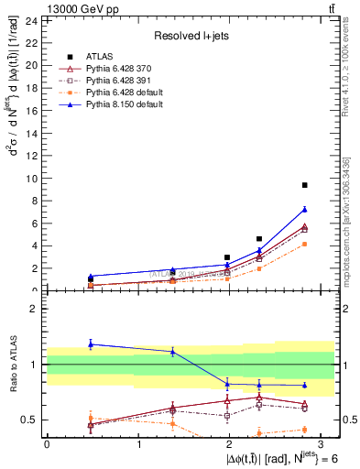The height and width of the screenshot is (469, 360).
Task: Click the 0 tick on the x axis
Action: (x=47, y=444)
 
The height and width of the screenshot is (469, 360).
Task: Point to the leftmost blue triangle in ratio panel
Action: (x=90, y=344)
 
